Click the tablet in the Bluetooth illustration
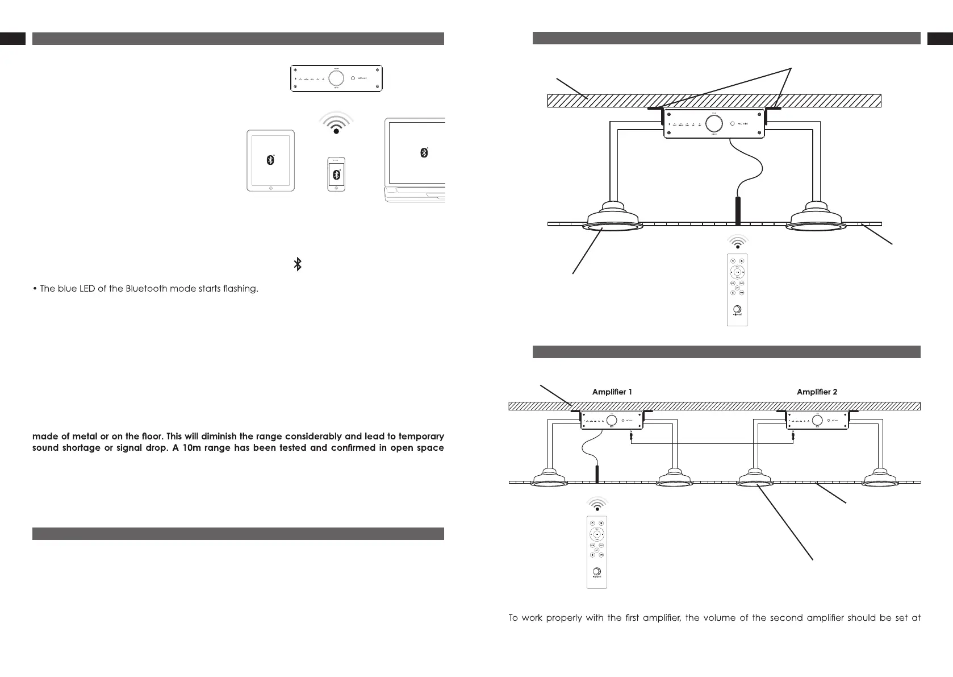click(270, 161)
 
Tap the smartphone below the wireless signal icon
click(336, 174)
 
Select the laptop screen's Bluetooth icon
click(424, 152)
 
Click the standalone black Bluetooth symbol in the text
click(297, 264)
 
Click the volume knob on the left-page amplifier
click(336, 78)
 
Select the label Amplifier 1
click(612, 392)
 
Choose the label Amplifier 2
click(817, 392)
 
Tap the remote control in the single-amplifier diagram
click(737, 289)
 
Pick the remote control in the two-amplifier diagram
click(597, 551)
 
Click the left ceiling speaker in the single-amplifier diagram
click(612, 218)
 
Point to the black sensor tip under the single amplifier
click(738, 210)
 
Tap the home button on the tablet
click(270, 188)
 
